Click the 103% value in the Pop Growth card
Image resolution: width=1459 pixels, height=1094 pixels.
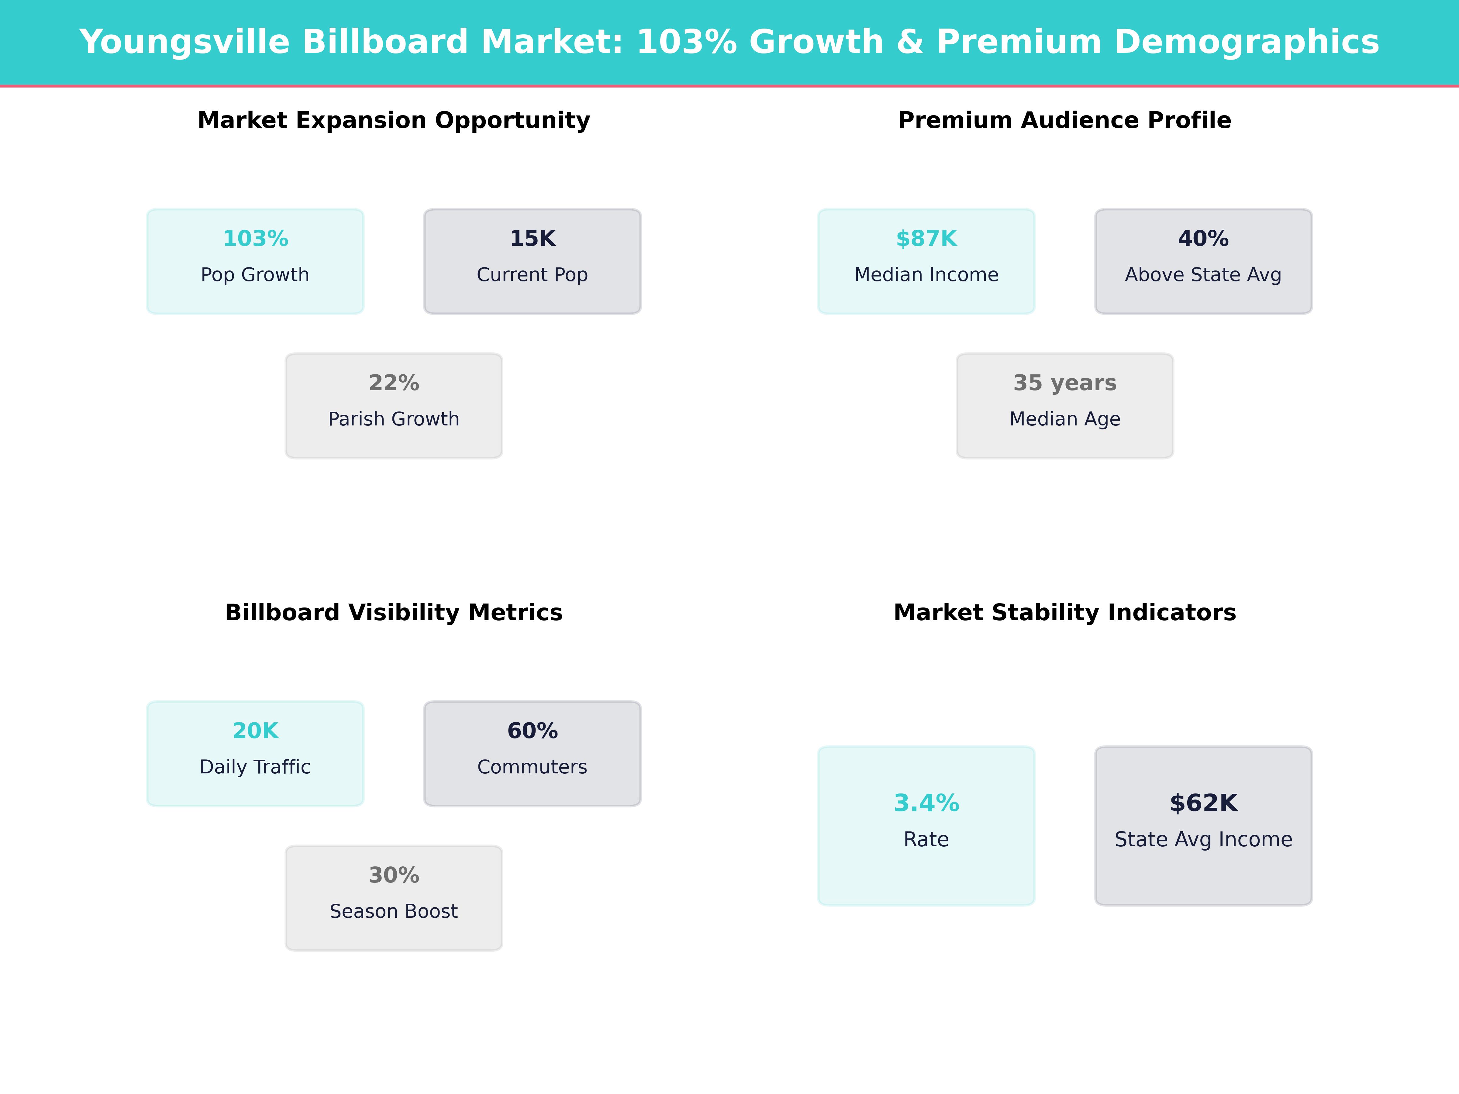[x=255, y=239]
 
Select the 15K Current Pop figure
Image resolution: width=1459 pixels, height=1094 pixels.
[x=532, y=239]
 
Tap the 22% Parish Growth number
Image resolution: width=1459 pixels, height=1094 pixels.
[x=394, y=383]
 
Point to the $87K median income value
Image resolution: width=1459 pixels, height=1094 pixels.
[x=926, y=239]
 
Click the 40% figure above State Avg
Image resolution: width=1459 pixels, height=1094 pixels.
[x=1203, y=239]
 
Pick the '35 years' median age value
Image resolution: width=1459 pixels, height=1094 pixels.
[x=1064, y=383]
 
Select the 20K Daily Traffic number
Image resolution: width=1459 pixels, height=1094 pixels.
[x=255, y=731]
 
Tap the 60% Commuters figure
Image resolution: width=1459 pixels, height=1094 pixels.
[x=532, y=731]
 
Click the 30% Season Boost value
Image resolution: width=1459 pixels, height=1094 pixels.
[x=394, y=875]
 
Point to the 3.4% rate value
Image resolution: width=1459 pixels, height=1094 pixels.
[x=926, y=803]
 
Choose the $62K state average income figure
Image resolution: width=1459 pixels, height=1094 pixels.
[x=1203, y=803]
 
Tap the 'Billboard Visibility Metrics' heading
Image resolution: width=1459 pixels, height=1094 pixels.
[x=394, y=613]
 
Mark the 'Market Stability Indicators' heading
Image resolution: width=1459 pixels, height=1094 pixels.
[x=1064, y=613]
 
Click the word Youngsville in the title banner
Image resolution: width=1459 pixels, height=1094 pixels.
[x=185, y=42]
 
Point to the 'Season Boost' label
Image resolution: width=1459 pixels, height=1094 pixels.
[x=394, y=911]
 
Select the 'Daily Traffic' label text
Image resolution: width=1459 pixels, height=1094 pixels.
[x=255, y=767]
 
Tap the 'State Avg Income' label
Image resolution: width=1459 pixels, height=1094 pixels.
[x=1203, y=839]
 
